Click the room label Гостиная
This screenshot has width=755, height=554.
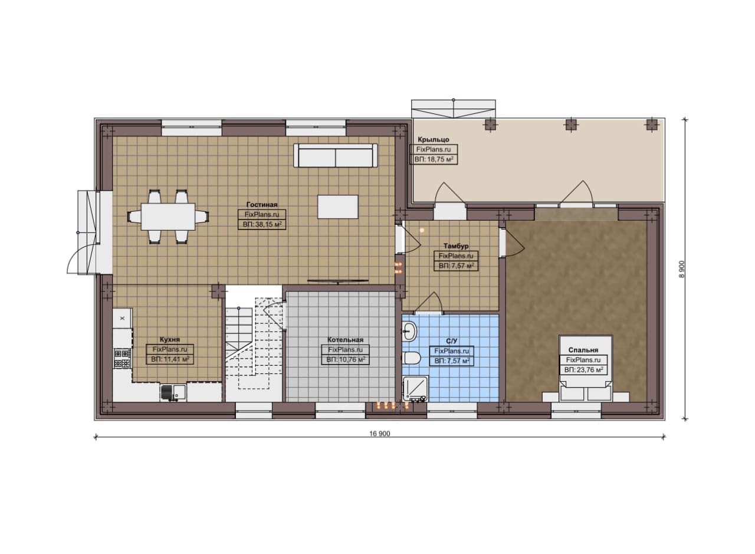click(262, 205)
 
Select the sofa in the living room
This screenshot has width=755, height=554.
click(336, 155)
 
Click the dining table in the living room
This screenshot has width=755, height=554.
click(168, 216)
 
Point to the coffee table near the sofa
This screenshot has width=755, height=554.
click(338, 206)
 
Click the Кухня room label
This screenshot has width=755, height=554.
click(169, 340)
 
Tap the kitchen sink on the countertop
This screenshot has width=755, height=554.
click(173, 392)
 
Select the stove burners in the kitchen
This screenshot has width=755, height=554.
click(122, 358)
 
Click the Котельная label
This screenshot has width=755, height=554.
click(346, 340)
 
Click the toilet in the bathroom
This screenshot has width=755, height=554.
click(411, 358)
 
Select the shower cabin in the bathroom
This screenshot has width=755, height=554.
click(415, 389)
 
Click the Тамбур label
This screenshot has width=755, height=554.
click(456, 246)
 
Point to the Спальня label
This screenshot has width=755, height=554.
click(583, 350)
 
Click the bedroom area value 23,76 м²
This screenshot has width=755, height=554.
click(584, 370)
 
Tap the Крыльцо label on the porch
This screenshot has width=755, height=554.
click(434, 140)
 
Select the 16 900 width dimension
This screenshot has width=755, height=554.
click(379, 434)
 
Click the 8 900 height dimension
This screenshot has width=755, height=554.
click(682, 269)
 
